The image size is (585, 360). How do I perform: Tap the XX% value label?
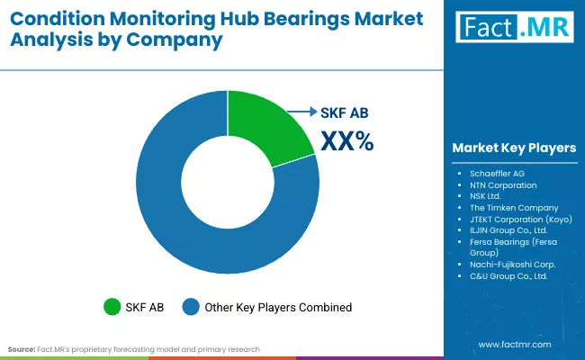[346, 140]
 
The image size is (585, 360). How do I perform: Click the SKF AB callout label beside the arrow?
[345, 112]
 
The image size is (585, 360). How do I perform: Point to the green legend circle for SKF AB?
[112, 307]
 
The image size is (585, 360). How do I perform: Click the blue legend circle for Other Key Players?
[190, 307]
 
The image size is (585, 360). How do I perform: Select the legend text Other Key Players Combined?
[277, 307]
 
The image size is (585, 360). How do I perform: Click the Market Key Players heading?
[514, 148]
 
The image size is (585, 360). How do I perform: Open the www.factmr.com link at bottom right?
[513, 344]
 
